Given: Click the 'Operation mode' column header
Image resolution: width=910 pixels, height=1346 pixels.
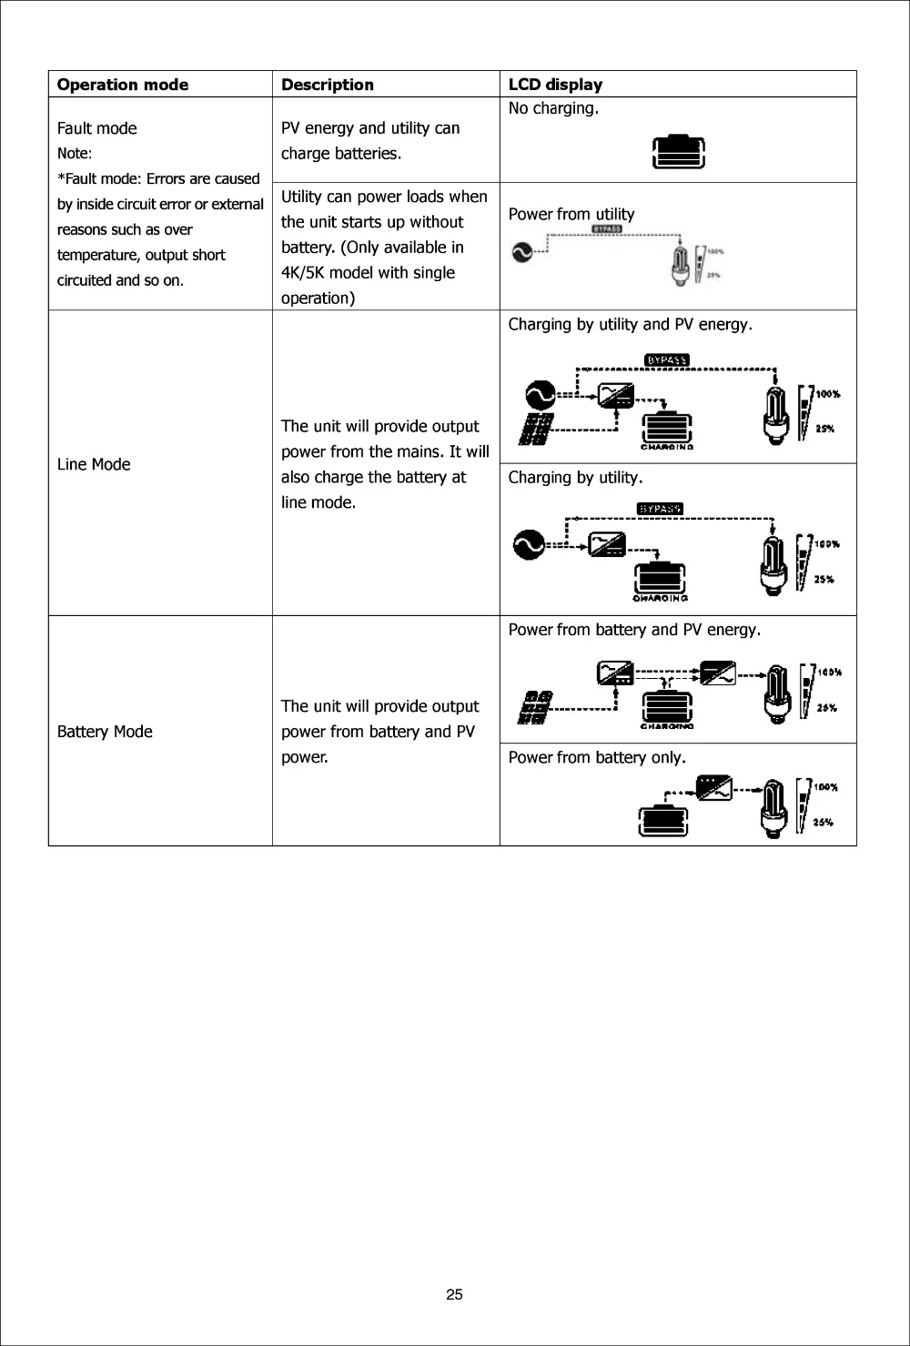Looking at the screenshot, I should (x=123, y=85).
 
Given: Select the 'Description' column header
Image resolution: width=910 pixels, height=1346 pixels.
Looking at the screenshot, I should (x=328, y=85).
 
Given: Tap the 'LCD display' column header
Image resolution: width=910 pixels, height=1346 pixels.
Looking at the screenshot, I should (x=555, y=85).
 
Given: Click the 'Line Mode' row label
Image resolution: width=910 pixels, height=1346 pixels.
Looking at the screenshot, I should (x=94, y=464).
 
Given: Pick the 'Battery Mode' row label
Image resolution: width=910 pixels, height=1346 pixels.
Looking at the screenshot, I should (x=105, y=732).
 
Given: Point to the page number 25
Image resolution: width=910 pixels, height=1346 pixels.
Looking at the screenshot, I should (x=455, y=1295).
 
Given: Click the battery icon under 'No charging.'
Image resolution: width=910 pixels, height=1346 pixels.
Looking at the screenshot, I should (x=680, y=152).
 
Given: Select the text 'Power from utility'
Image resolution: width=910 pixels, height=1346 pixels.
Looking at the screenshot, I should (x=571, y=214).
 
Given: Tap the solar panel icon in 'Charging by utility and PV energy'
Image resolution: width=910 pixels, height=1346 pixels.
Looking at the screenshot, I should (x=536, y=430).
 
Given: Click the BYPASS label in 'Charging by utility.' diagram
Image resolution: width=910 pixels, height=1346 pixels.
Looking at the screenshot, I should (x=661, y=509).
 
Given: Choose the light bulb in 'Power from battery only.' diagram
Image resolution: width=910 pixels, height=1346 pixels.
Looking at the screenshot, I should (x=774, y=807).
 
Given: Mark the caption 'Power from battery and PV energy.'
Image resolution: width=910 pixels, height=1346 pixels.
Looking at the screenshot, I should (x=635, y=629).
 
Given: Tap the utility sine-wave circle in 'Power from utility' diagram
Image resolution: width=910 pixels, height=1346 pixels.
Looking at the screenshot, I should (x=523, y=251).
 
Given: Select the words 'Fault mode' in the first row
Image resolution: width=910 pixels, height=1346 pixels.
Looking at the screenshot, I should (x=97, y=128).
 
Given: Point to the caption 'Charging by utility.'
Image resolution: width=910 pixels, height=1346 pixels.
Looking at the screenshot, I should (x=575, y=477).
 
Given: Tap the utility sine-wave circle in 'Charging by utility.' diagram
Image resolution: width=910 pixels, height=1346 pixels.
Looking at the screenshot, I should (x=528, y=544).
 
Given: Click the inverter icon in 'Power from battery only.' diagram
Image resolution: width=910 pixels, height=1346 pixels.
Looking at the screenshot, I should (x=715, y=788).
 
